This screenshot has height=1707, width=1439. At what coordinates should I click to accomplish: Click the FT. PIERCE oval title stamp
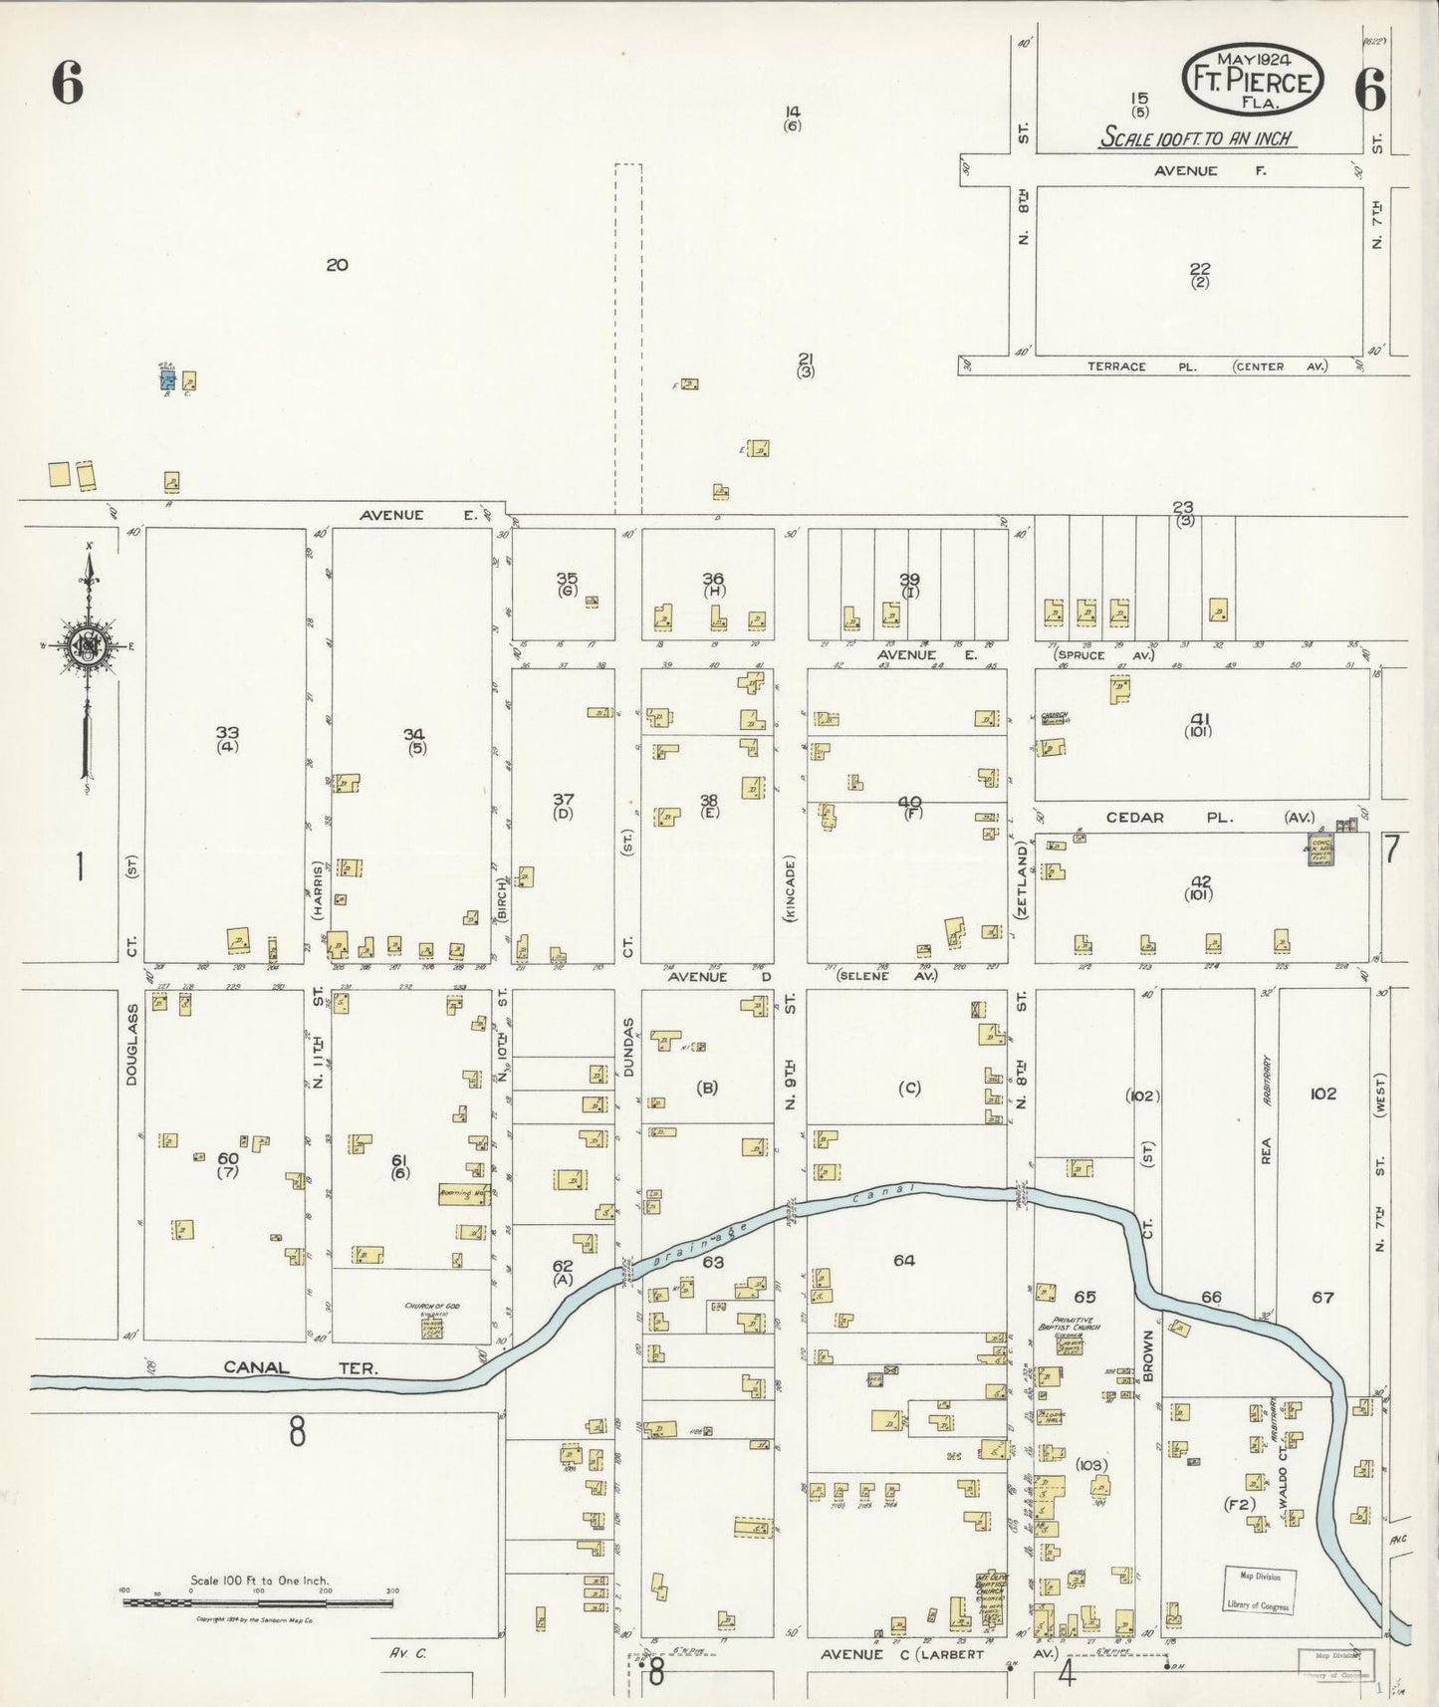1253,76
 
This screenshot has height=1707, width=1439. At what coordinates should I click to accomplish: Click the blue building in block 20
168,379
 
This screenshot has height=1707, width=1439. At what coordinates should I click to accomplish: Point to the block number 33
227,733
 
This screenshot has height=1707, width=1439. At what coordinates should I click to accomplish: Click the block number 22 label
1200,268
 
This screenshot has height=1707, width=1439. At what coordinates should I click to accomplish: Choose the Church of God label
432,1306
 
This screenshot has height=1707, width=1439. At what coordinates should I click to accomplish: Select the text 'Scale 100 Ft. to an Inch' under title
1198,138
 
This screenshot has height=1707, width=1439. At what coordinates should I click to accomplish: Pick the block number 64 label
903,1260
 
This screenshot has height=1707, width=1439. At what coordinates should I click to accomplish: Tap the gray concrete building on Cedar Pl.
1321,850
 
